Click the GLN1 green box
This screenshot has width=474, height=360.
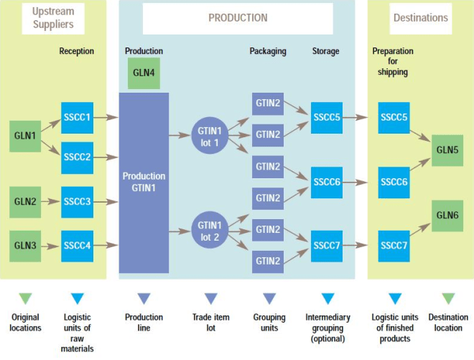click(x=24, y=135)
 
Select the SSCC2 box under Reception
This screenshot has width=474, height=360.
click(x=77, y=157)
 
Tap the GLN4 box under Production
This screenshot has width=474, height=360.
click(x=144, y=74)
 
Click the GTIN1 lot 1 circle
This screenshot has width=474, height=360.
click(x=213, y=135)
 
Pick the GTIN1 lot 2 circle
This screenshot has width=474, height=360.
click(x=213, y=229)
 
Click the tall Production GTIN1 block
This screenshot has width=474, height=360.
click(x=144, y=183)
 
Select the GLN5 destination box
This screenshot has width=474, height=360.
click(x=447, y=151)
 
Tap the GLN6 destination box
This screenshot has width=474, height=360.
click(x=447, y=216)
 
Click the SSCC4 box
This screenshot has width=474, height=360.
click(x=77, y=246)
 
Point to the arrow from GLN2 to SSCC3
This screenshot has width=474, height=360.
click(x=50, y=202)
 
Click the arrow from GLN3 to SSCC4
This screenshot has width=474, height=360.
click(x=50, y=246)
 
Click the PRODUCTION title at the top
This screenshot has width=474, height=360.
click(x=238, y=18)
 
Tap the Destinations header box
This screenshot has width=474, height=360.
click(x=419, y=18)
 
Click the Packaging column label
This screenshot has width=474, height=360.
click(x=268, y=51)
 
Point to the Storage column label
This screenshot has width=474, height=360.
click(x=326, y=51)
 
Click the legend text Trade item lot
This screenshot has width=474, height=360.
click(x=210, y=323)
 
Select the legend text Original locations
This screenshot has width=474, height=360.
click(x=25, y=323)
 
